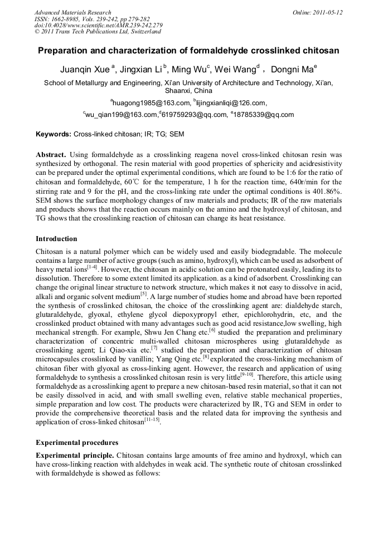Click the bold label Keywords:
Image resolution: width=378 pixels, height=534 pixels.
(54, 134)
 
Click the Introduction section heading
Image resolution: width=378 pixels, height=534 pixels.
(56, 239)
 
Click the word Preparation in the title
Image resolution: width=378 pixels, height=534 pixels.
(62, 50)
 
